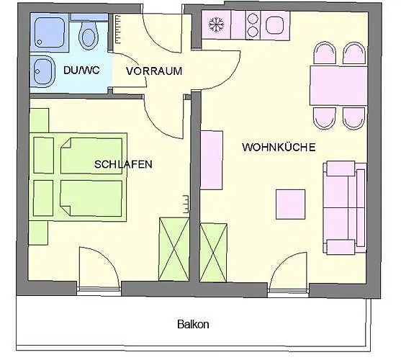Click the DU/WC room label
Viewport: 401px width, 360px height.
click(x=81, y=70)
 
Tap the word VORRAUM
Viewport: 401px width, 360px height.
click(x=154, y=71)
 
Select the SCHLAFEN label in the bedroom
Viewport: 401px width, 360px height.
click(x=123, y=164)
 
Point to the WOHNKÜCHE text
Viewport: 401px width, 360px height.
click(x=279, y=148)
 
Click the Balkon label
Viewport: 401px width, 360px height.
click(x=193, y=325)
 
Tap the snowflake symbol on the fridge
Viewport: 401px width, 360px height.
click(x=217, y=24)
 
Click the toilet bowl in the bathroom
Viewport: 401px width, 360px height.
click(x=89, y=36)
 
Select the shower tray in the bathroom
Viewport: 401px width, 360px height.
click(x=50, y=32)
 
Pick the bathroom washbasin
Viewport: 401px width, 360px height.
click(x=42, y=71)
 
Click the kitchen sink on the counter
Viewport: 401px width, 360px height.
click(x=275, y=25)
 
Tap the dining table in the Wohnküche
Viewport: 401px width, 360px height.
click(x=338, y=86)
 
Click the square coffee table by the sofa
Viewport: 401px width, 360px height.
click(x=291, y=204)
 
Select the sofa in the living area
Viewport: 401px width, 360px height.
click(x=344, y=207)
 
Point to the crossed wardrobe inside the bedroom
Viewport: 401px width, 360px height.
click(x=174, y=249)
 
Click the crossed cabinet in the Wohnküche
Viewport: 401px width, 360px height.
click(x=213, y=253)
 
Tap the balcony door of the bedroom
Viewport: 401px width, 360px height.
click(x=99, y=269)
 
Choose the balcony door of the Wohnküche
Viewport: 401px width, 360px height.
click(x=288, y=272)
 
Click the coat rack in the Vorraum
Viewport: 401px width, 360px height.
click(x=118, y=29)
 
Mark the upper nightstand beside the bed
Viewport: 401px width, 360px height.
click(x=39, y=120)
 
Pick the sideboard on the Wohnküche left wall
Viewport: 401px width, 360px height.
click(x=211, y=161)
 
